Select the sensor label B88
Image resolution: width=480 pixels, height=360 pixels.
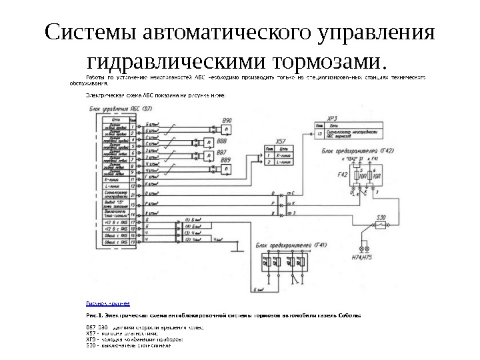point(221,141)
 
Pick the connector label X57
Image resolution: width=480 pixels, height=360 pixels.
point(281,142)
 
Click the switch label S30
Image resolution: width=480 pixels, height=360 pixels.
point(382,218)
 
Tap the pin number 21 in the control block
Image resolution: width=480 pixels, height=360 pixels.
point(133,195)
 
